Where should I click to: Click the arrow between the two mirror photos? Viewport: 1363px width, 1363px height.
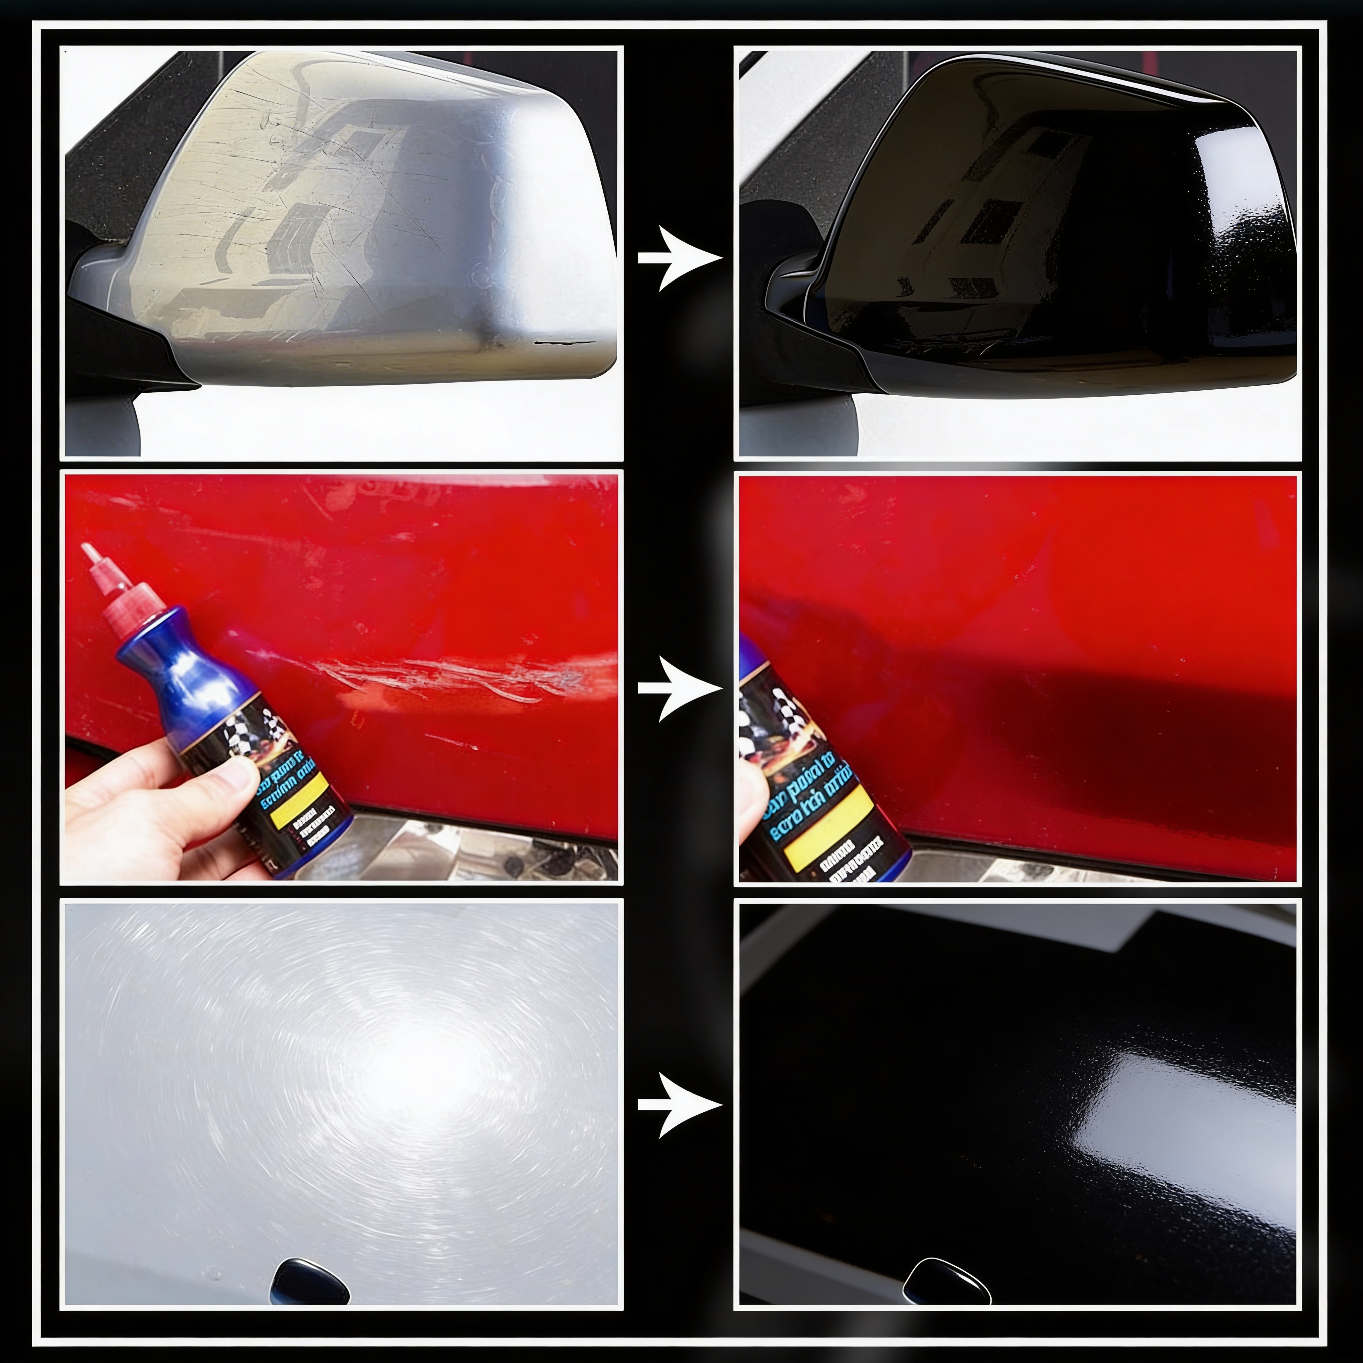click(679, 258)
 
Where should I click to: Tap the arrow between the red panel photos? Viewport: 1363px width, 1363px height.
click(679, 688)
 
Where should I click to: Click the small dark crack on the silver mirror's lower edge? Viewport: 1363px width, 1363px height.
click(561, 343)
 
